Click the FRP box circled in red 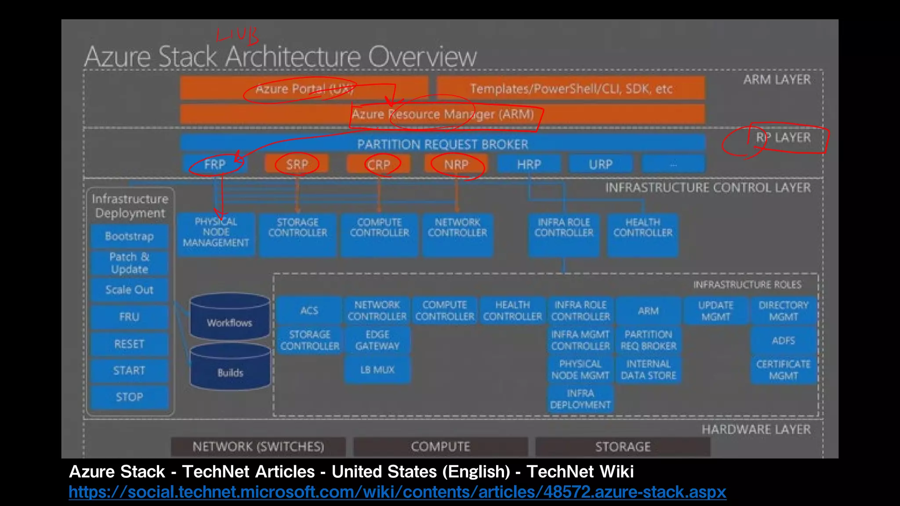pos(215,164)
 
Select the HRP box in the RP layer pos(529,164)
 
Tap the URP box pos(600,164)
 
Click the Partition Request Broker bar pos(442,144)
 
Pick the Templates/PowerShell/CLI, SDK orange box pos(570,89)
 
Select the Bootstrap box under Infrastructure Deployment pos(129,236)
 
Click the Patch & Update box pos(129,263)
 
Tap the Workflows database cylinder pos(230,317)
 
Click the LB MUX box pos(377,370)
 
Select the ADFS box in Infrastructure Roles pos(783,340)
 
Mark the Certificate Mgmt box pos(783,370)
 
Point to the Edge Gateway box pos(377,340)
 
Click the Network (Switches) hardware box pos(258,447)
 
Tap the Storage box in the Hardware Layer pos(622,447)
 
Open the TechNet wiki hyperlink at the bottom pos(397,492)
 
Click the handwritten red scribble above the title pos(237,35)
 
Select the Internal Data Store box pos(648,370)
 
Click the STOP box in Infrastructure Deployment pos(129,397)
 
